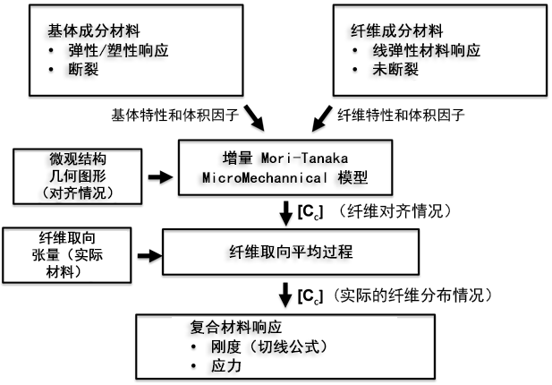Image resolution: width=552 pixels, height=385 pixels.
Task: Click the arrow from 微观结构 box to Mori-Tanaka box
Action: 157,177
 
